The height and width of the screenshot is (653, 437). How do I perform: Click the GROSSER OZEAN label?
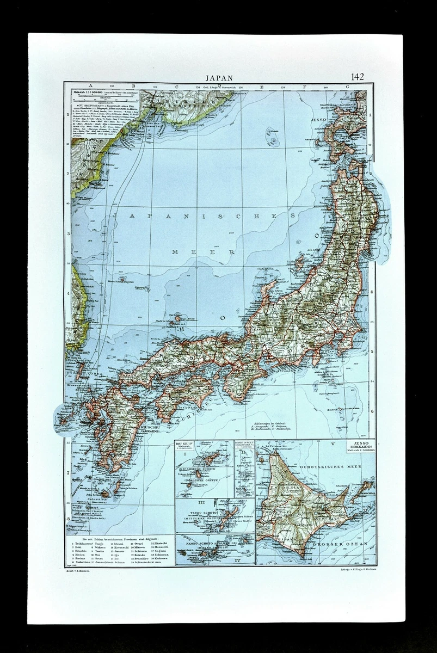[347, 544]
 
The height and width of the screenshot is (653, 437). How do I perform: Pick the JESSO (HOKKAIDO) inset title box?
[356, 451]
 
